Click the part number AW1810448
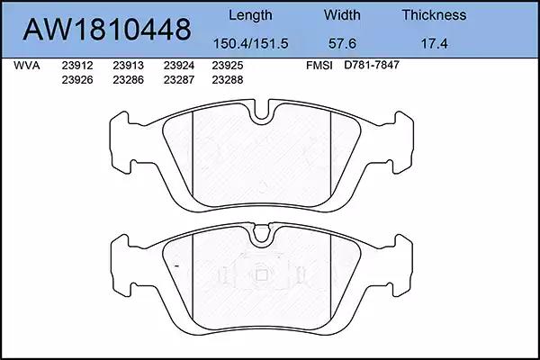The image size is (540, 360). [107, 30]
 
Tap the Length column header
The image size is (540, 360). [250, 15]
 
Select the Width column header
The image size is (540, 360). [342, 14]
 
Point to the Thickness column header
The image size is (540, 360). [434, 14]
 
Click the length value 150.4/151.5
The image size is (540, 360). [251, 44]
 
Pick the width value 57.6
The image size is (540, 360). [342, 44]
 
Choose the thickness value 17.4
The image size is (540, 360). [435, 44]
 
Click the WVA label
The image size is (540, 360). [27, 66]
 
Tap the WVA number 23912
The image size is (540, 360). [77, 66]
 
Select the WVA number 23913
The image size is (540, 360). [128, 66]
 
